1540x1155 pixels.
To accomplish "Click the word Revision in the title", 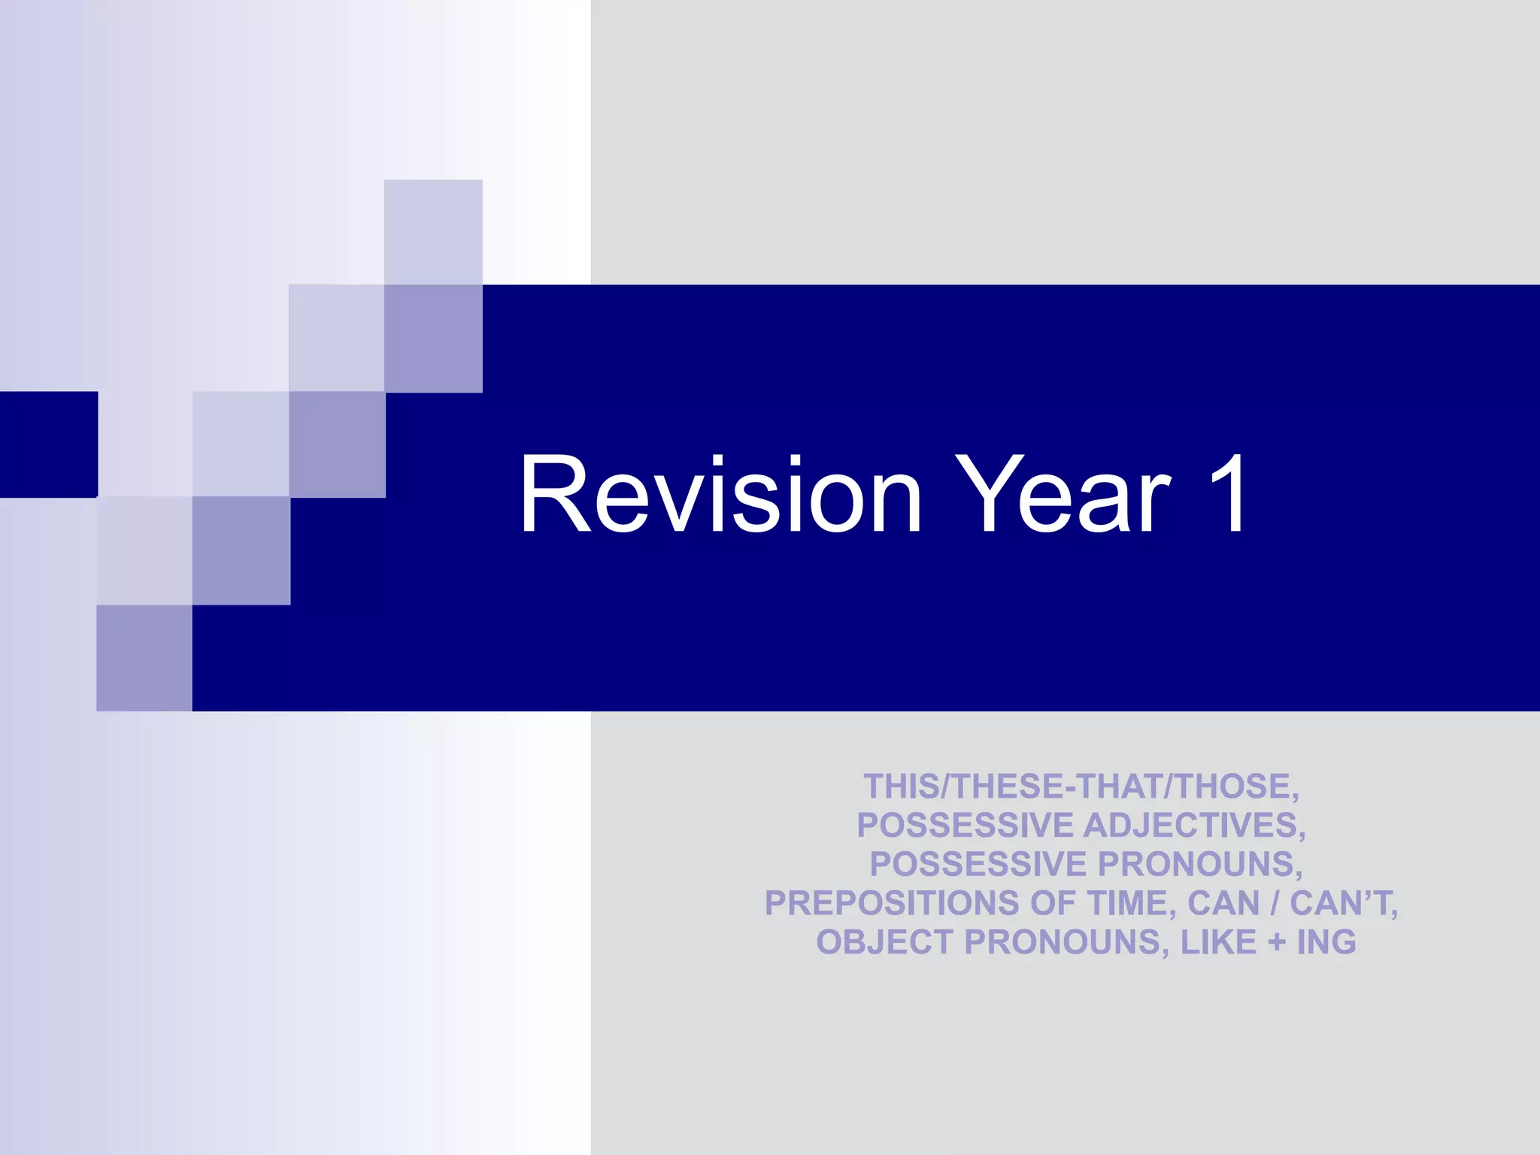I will coord(720,495).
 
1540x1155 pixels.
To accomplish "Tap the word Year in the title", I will coord(1063,495).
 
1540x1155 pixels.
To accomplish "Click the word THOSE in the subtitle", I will coord(1233,787).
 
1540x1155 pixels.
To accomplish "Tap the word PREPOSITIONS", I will coord(892,904).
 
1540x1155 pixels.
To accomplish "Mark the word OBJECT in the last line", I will coord(884,943).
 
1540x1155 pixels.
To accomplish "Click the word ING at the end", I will coord(1326,943).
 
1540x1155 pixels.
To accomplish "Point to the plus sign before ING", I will coord(1277,943).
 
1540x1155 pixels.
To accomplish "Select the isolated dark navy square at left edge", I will coord(48,444).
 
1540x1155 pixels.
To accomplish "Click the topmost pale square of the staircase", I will coord(433,232).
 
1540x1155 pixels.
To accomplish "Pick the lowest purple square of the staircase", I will coord(144,658).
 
